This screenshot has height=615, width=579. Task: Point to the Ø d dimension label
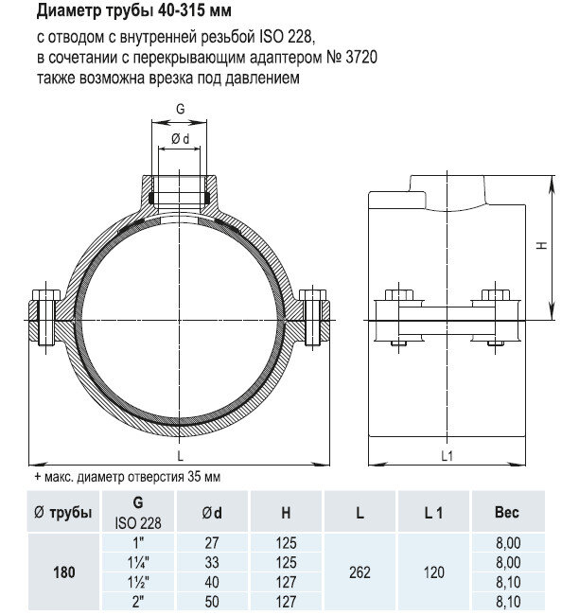180,140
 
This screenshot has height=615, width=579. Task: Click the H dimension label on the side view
542,244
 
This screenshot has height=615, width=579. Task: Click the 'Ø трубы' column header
62,513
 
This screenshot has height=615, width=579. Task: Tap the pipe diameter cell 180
62,572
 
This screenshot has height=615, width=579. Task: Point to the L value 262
360,572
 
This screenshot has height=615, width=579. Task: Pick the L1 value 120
433,572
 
